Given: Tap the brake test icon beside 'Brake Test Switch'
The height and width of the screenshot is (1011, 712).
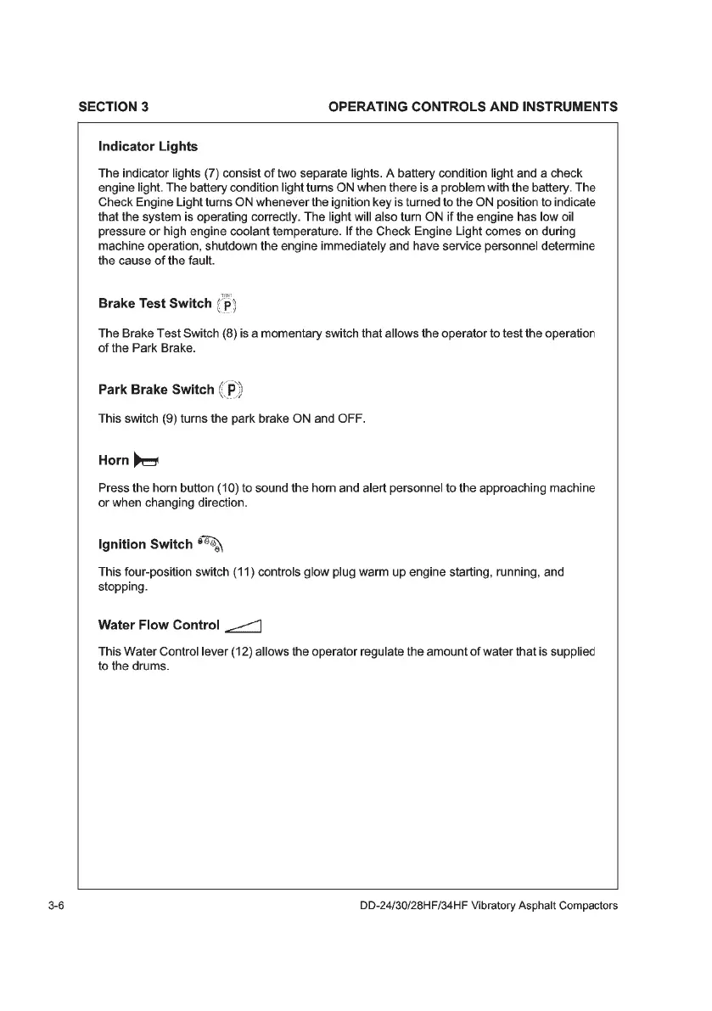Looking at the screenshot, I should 230,304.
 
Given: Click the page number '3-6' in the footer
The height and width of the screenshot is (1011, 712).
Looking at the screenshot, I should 58,905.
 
